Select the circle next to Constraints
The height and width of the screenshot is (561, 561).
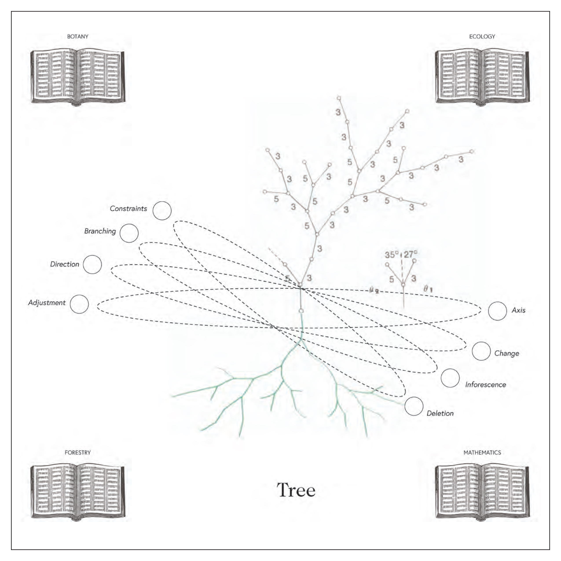(x=162, y=211)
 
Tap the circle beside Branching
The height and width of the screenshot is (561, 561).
(x=129, y=233)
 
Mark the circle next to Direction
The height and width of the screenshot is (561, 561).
(x=92, y=264)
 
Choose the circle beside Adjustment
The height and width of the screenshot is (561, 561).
(x=79, y=304)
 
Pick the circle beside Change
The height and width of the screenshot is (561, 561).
(x=481, y=351)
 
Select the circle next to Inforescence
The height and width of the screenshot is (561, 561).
(x=450, y=378)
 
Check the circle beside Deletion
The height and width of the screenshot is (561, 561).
(x=414, y=406)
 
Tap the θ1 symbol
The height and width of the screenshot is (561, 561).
(x=428, y=289)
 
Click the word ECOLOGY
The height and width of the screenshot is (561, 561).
(x=482, y=37)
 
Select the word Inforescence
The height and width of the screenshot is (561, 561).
(x=486, y=385)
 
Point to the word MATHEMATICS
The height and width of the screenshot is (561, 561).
(x=482, y=452)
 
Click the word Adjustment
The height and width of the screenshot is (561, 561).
(x=47, y=303)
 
